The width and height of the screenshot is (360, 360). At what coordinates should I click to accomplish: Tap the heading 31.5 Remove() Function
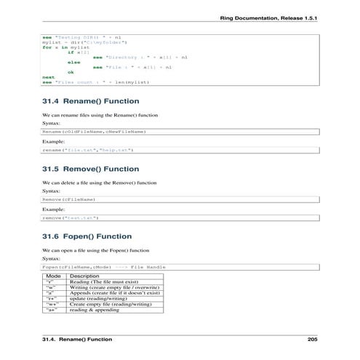tap(92, 169)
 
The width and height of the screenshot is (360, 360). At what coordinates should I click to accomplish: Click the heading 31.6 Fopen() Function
tap(87, 236)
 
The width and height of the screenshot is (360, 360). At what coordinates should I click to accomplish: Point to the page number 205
tap(313, 340)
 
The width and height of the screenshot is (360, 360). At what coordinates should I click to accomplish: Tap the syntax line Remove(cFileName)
tap(69, 199)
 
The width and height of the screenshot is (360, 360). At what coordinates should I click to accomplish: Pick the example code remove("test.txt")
tap(71, 217)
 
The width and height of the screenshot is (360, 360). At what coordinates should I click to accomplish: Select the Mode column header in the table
tap(54, 276)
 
